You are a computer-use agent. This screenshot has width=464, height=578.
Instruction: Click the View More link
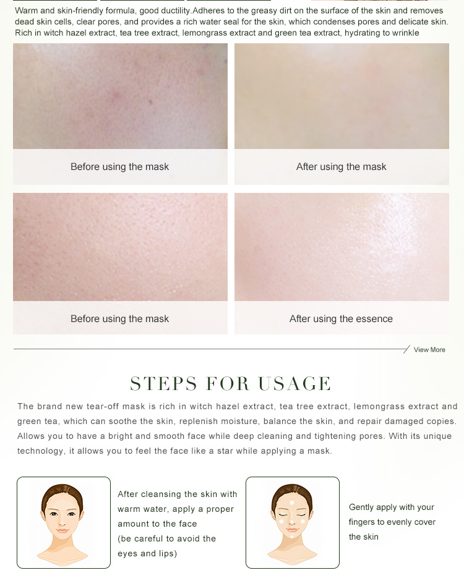[429, 349]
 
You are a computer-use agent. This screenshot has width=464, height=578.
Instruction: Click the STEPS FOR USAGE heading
[231, 383]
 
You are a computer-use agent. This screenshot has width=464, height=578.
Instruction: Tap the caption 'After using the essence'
[341, 318]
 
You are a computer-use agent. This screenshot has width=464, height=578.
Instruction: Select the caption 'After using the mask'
[341, 167]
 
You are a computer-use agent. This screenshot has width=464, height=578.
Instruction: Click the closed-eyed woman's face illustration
[292, 524]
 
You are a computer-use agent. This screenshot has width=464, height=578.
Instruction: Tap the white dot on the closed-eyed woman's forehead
[292, 503]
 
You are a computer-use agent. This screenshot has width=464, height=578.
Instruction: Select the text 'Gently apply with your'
[392, 508]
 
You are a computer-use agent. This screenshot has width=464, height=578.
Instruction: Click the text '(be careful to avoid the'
[166, 538]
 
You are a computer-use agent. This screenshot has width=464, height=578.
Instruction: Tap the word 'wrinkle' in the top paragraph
[406, 33]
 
